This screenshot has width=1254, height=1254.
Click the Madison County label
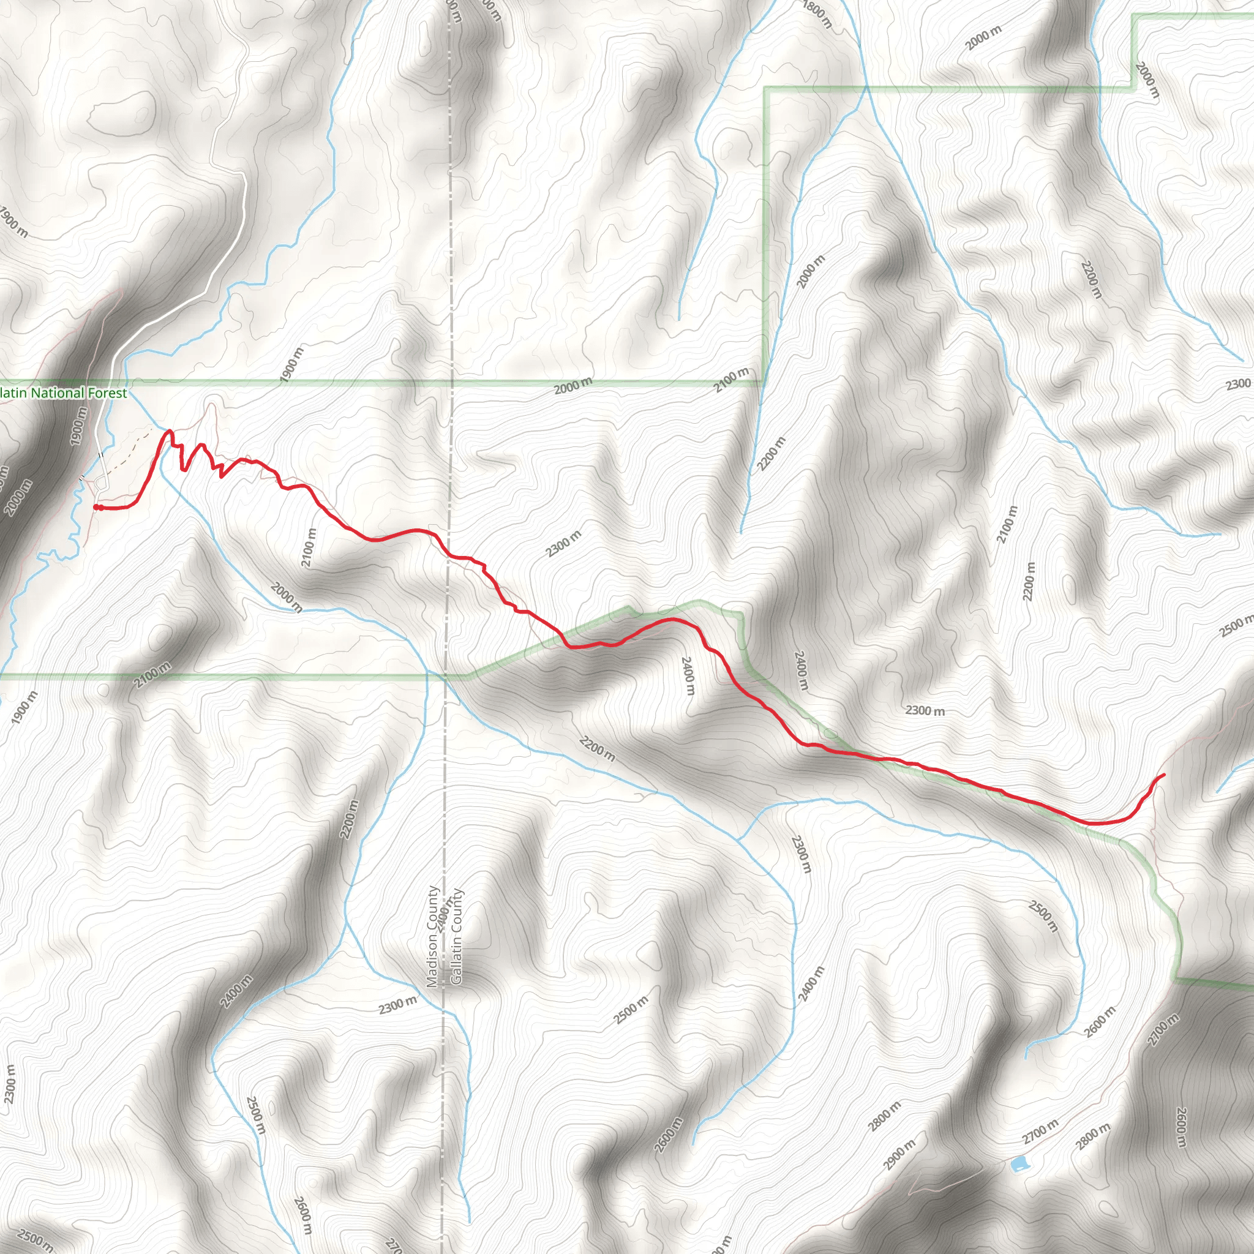coord(433,936)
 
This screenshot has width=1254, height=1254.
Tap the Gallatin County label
coord(456,936)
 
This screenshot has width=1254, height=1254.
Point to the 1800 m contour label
coord(817,13)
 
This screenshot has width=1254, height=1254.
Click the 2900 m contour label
coord(899,1155)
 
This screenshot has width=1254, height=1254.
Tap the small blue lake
coord(1018,1163)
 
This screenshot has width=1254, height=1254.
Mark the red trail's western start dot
coord(97,507)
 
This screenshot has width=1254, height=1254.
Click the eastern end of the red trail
coord(1163,775)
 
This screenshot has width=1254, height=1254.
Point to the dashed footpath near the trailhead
coord(130,454)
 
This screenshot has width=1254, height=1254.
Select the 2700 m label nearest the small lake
coord(1040,1132)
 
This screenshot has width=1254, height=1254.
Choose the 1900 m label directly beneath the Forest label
coord(78,425)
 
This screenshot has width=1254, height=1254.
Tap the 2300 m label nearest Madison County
coord(397,1005)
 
